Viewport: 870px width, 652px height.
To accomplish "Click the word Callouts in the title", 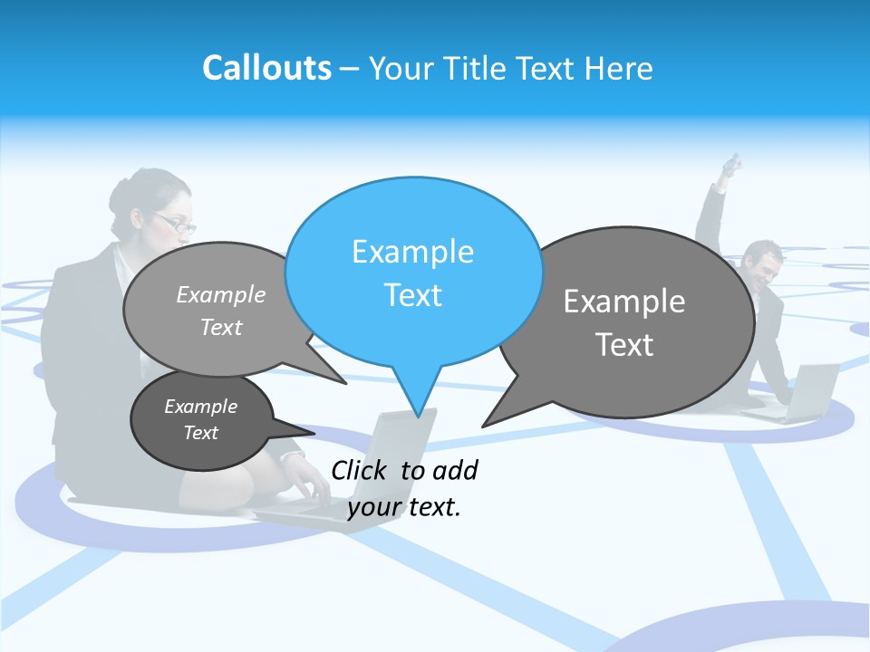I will pyautogui.click(x=266, y=68).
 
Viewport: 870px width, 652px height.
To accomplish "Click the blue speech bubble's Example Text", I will pyautogui.click(x=413, y=273).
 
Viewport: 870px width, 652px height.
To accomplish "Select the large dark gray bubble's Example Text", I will pyautogui.click(x=624, y=322).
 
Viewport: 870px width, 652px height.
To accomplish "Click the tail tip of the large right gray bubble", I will pyautogui.click(x=484, y=425).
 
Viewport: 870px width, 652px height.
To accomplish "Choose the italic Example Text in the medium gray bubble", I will pyautogui.click(x=221, y=311).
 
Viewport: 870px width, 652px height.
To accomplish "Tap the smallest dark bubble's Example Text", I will pyautogui.click(x=200, y=419).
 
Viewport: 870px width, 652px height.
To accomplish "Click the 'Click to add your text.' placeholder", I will pyautogui.click(x=404, y=488).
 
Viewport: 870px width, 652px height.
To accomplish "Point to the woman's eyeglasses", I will pyautogui.click(x=175, y=223).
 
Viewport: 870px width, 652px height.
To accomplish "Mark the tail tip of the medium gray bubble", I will pyautogui.click(x=345, y=383).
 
